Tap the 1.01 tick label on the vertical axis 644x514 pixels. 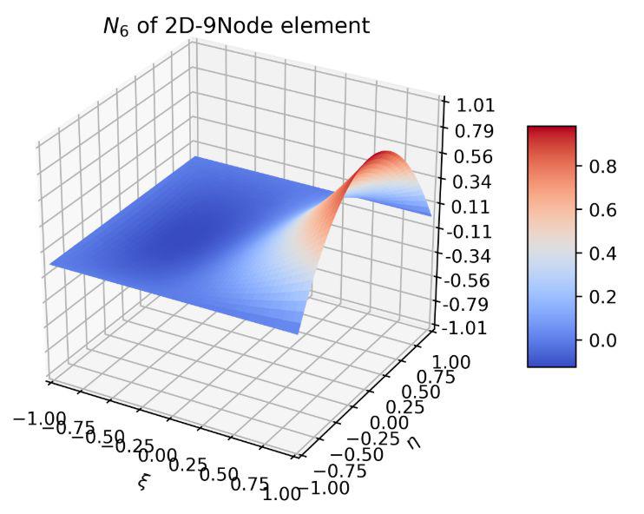(x=469, y=106)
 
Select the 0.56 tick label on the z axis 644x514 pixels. (x=469, y=156)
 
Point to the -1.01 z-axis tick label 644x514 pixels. (x=466, y=328)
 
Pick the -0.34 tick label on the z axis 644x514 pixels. (x=466, y=256)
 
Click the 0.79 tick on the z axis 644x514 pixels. (x=469, y=131)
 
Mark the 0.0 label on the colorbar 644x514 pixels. (x=602, y=339)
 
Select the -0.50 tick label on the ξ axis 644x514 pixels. (x=121, y=442)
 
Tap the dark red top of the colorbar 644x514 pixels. (x=551, y=132)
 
